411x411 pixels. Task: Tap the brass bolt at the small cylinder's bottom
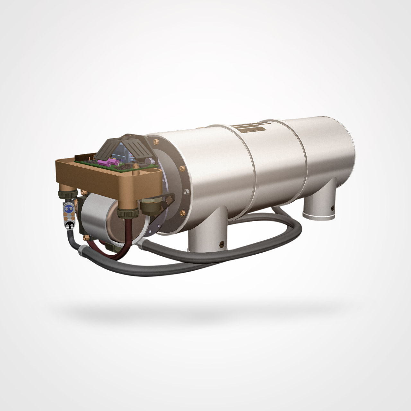click(86, 238)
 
